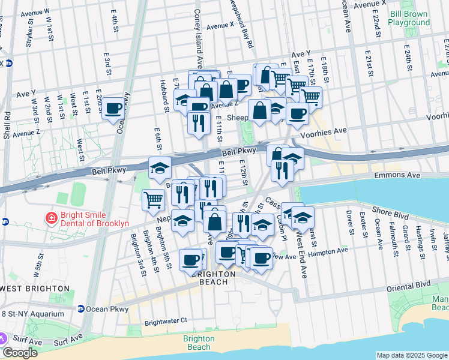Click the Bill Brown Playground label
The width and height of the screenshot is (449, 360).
[x=408, y=17]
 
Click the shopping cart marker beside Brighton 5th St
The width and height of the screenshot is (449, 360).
[x=153, y=199]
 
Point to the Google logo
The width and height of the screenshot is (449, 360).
[x=20, y=353]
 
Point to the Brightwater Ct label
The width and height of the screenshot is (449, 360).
[x=166, y=321]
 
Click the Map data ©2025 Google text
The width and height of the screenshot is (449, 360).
[x=411, y=355]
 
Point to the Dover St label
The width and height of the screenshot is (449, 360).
[x=349, y=222]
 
